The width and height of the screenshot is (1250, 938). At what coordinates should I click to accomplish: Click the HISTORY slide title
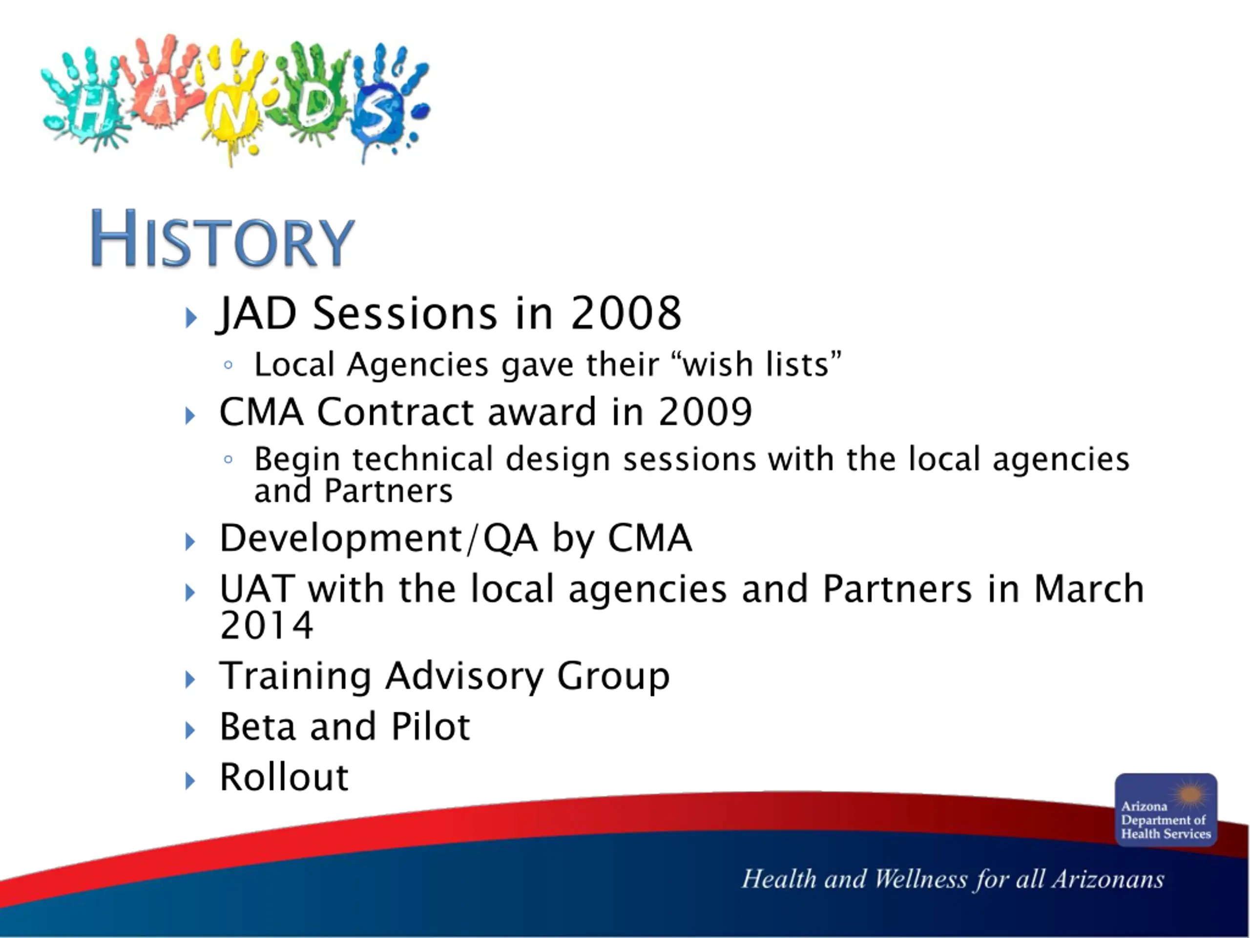[222, 238]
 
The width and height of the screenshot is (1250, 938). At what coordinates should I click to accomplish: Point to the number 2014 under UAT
[266, 625]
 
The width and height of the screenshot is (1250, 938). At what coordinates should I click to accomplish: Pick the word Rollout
[284, 777]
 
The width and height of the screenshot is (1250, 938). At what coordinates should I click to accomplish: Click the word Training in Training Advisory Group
[294, 676]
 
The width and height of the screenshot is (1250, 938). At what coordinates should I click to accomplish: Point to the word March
[1088, 589]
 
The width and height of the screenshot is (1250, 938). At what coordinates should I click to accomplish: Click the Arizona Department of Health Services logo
[1166, 810]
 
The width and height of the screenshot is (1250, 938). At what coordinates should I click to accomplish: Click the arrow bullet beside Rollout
[190, 781]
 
